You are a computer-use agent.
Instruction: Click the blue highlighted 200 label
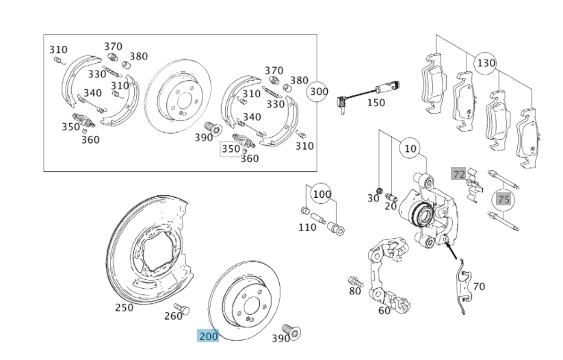point(208,336)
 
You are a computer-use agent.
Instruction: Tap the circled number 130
point(485,64)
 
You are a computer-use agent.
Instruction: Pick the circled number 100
point(322,194)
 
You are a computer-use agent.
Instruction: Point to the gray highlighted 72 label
point(458,174)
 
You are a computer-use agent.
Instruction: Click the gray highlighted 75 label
point(503,199)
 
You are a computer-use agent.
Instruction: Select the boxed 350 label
point(231,149)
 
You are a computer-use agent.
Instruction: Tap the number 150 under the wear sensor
point(376,103)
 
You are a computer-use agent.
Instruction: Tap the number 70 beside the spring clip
point(479,287)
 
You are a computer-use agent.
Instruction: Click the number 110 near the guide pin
point(307,227)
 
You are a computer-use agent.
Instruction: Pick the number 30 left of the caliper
point(373,198)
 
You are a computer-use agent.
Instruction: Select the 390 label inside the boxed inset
point(204,138)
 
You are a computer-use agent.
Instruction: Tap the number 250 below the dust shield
point(124,307)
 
